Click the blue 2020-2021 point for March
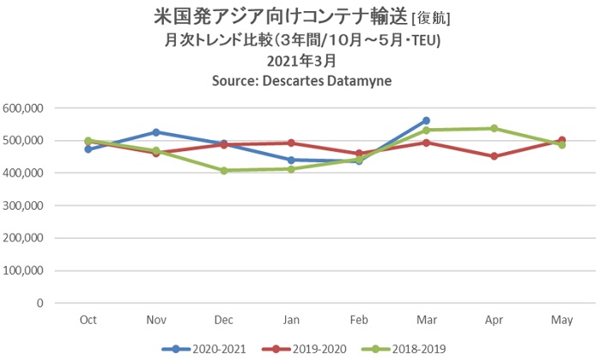(x=426, y=121)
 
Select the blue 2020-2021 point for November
(x=155, y=132)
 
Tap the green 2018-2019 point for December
(x=223, y=170)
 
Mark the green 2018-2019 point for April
(x=494, y=128)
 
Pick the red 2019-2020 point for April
(x=494, y=156)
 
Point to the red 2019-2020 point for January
(x=291, y=143)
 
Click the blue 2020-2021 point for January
(x=291, y=160)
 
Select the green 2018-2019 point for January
(x=291, y=169)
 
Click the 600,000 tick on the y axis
(x=25, y=108)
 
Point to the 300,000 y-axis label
(x=25, y=205)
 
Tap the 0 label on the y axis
(x=39, y=303)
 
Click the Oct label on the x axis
(x=88, y=320)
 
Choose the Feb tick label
(x=358, y=320)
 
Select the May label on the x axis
(x=562, y=320)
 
